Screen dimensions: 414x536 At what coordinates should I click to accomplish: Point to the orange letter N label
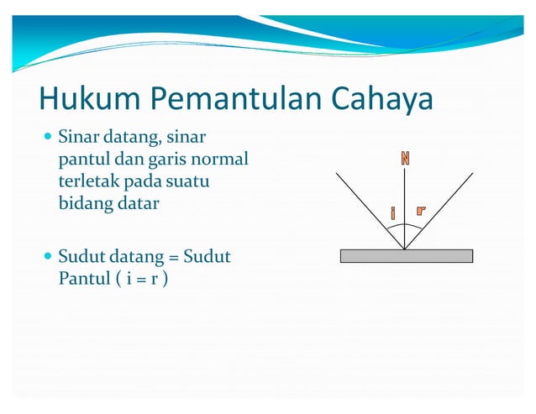pyautogui.click(x=405, y=158)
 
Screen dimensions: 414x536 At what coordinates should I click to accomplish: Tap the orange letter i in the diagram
pyautogui.click(x=392, y=213)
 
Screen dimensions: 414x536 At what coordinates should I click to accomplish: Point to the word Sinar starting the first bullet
pyautogui.click(x=78, y=136)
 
